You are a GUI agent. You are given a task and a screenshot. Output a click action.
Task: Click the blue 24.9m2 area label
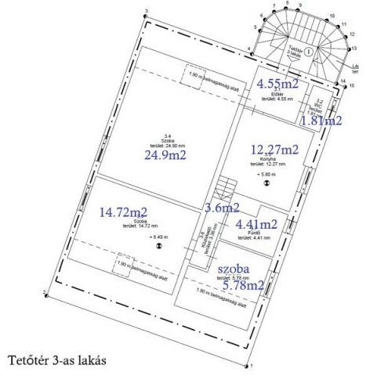pyautogui.click(x=165, y=155)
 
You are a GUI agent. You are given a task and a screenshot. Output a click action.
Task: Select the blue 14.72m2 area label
pyautogui.click(x=124, y=211)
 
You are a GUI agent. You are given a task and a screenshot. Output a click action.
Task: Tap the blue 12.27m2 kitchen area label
pyautogui.click(x=274, y=150)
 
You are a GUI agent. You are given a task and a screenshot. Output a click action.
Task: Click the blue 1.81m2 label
pyautogui.click(x=321, y=121)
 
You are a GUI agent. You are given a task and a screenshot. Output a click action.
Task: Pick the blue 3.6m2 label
pyautogui.click(x=220, y=208)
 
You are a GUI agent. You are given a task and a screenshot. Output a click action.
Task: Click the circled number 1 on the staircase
pyautogui.click(x=310, y=50)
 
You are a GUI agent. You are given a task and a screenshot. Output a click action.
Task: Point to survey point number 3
pyautogui.click(x=146, y=13)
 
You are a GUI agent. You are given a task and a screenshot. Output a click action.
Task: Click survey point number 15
pyautogui.click(x=352, y=85)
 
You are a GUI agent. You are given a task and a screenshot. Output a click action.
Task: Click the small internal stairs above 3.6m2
pyautogui.click(x=226, y=188)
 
